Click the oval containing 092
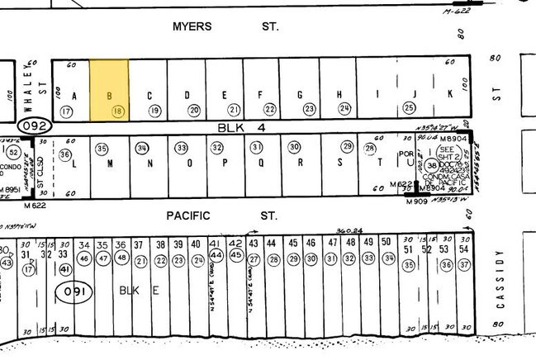tap(34, 126)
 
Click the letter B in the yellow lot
tap(109, 94)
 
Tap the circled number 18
tap(119, 111)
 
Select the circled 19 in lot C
tap(154, 111)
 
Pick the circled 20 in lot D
tap(194, 111)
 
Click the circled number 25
tap(408, 107)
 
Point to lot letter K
tap(450, 94)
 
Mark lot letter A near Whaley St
tap(74, 94)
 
